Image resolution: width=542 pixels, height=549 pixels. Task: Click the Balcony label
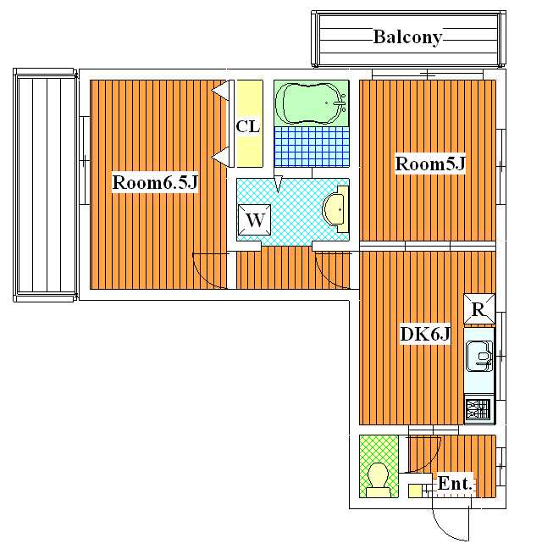pyautogui.click(x=407, y=37)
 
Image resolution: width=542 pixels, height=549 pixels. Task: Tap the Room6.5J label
pyautogui.click(x=155, y=182)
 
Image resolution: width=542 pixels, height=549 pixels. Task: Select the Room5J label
pyautogui.click(x=430, y=164)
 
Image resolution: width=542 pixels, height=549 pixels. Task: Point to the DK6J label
pyautogui.click(x=425, y=334)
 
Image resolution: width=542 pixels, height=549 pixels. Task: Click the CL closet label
pyautogui.click(x=248, y=126)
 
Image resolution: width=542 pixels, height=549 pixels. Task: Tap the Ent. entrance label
pyautogui.click(x=455, y=484)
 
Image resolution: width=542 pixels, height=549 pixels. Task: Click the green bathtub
pyautogui.click(x=312, y=103)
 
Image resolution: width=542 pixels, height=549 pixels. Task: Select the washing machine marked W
pyautogui.click(x=254, y=220)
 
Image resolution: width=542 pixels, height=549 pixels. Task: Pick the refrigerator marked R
pyautogui.click(x=479, y=309)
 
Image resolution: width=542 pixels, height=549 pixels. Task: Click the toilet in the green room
pyautogui.click(x=378, y=480)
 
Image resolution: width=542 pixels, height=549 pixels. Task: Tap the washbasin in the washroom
pyautogui.click(x=336, y=209)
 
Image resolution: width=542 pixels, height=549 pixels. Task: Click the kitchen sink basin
pyautogui.click(x=479, y=356)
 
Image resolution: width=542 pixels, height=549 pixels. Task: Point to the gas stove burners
pyautogui.click(x=479, y=409)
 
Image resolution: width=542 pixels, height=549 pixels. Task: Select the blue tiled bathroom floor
pyautogui.click(x=312, y=147)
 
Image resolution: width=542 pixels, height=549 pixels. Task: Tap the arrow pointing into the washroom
pyautogui.click(x=278, y=184)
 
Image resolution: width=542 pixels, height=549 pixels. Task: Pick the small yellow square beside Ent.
pyautogui.click(x=415, y=491)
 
